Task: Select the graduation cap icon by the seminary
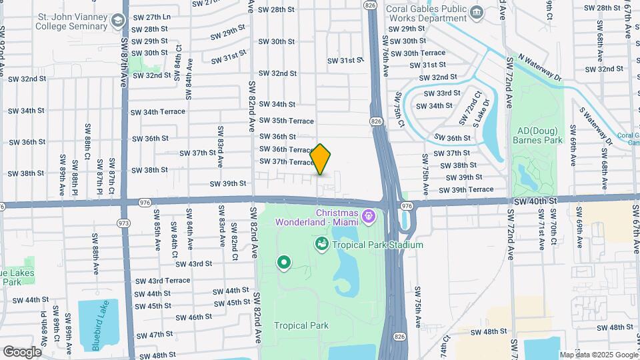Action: [119, 21]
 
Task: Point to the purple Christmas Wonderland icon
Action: [369, 215]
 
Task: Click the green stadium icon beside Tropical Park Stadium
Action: [323, 245]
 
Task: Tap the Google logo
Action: [22, 352]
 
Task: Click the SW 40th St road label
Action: [535, 201]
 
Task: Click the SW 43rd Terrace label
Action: [163, 281]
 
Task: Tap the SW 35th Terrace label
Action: [287, 121]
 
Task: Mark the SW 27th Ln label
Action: [152, 17]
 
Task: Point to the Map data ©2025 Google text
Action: [598, 355]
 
